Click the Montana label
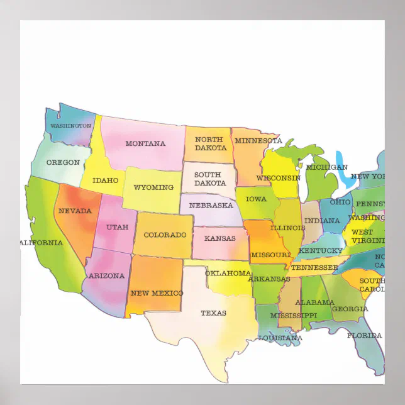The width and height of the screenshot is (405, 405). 145,143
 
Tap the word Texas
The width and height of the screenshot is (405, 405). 213,313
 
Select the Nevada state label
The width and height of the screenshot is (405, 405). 75,211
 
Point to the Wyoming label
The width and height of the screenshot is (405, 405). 153,187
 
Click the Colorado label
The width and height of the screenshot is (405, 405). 165,235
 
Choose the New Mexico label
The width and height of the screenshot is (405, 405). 157,293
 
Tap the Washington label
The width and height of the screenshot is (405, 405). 70,126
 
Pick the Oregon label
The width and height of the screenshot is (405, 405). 64,162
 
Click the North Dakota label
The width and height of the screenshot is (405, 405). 211,143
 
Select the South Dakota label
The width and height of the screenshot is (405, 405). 210,179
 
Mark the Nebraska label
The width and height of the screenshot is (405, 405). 211,206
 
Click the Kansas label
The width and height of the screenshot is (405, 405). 220,239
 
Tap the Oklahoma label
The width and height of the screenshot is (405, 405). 228,273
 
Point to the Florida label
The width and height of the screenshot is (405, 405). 365,335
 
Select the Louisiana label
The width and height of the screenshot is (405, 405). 280,338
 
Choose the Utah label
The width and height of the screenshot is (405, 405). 117,227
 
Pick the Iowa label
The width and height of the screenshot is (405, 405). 256,199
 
